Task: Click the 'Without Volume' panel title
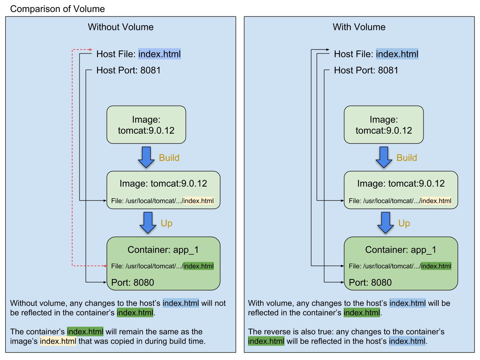click(121, 27)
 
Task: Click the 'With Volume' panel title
click(359, 27)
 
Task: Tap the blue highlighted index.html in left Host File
click(159, 54)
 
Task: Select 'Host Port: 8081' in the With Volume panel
click(366, 70)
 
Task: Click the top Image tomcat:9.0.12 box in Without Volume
click(146, 125)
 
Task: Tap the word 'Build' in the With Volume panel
click(407, 158)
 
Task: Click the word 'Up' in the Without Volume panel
click(166, 223)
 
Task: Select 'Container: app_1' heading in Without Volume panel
click(163, 250)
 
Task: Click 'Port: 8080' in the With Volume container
click(370, 283)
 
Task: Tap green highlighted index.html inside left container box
click(198, 266)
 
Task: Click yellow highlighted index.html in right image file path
click(436, 201)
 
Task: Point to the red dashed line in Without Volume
click(72, 157)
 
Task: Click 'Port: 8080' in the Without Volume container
click(133, 283)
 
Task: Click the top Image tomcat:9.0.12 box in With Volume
click(384, 125)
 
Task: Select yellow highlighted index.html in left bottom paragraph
click(58, 341)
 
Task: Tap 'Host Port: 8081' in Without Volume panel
click(128, 70)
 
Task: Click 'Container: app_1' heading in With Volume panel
click(401, 250)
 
